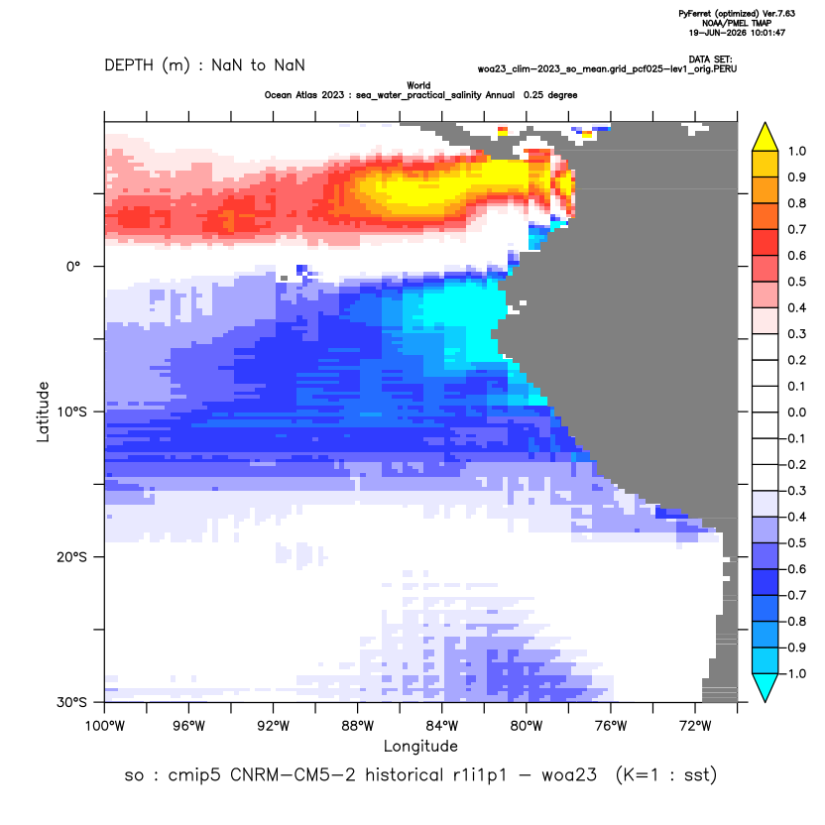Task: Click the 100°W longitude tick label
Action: pyautogui.click(x=105, y=726)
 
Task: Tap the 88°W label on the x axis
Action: pyautogui.click(x=357, y=726)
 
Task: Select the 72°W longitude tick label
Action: pyautogui.click(x=695, y=726)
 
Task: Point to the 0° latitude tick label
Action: pyautogui.click(x=73, y=266)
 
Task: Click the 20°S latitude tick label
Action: pyautogui.click(x=71, y=556)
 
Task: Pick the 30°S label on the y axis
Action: pyautogui.click(x=71, y=702)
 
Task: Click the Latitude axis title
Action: pyautogui.click(x=43, y=412)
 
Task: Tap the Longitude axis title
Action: pyautogui.click(x=420, y=746)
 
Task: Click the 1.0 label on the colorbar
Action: pyautogui.click(x=796, y=151)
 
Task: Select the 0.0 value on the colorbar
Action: pyautogui.click(x=796, y=412)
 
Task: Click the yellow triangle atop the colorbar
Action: pyautogui.click(x=766, y=138)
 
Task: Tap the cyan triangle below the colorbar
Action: pyautogui.click(x=766, y=687)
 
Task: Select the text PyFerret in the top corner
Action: pyautogui.click(x=695, y=14)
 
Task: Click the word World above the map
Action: pyautogui.click(x=418, y=85)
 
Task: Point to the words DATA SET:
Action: pyautogui.click(x=710, y=59)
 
